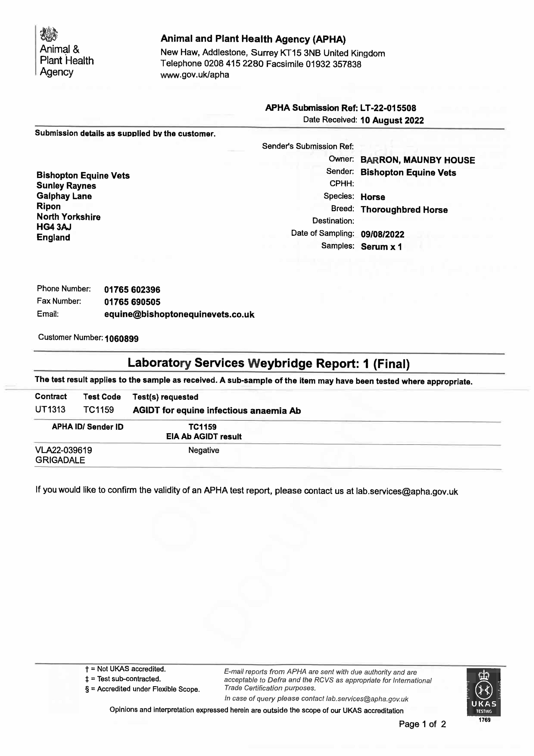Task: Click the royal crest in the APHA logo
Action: point(49,34)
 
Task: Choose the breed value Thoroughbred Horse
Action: point(404,210)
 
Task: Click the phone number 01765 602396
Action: point(132,290)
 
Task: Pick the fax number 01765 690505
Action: point(132,302)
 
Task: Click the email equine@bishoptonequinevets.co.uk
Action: point(179,314)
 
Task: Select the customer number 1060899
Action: point(122,339)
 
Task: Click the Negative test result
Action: point(203,450)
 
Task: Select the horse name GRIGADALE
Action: point(60,460)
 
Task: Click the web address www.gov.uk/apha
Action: point(195,75)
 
